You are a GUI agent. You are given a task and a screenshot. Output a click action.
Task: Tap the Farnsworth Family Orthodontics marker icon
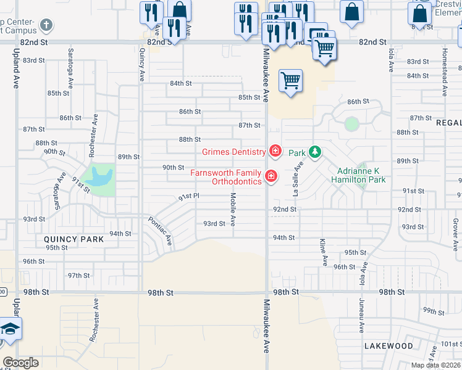[x=271, y=177]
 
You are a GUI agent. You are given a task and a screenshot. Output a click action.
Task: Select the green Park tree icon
[x=314, y=152]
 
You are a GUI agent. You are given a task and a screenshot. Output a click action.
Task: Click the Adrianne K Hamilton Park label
[x=361, y=175]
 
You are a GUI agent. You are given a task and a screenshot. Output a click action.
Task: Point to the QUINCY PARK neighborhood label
[x=69, y=239]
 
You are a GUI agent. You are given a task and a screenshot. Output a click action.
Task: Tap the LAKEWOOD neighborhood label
[x=388, y=346]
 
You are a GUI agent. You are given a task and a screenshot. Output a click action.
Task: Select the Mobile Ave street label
[x=233, y=209]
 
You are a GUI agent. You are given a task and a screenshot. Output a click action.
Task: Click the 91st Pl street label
[x=188, y=197]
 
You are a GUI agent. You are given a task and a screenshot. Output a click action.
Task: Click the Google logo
[x=21, y=363]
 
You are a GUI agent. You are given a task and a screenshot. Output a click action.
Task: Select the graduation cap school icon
[x=10, y=330]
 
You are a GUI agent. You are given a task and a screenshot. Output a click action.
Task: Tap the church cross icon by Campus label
[x=45, y=26]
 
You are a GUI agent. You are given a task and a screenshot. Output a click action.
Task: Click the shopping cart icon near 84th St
[x=290, y=80]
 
